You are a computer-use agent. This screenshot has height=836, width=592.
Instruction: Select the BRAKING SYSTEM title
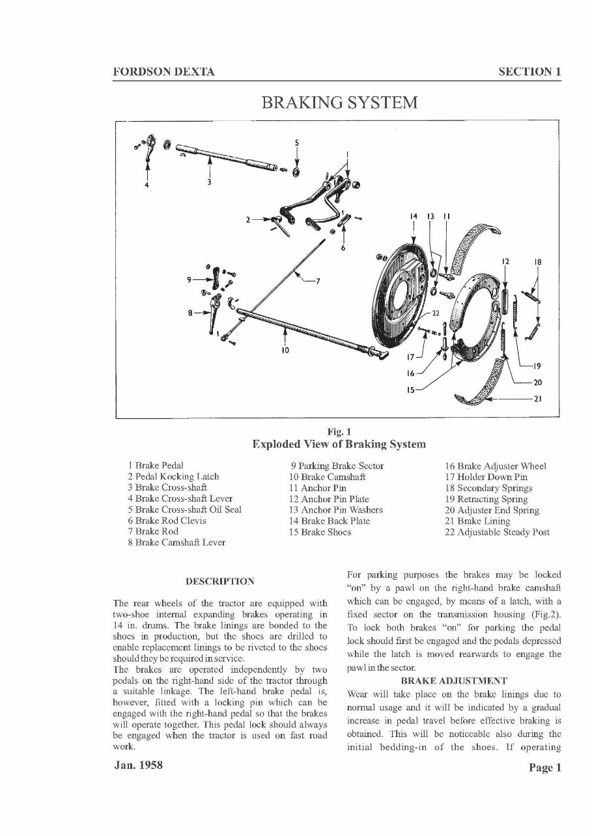[x=339, y=103]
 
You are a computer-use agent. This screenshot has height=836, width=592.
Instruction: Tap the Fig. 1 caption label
[x=339, y=431]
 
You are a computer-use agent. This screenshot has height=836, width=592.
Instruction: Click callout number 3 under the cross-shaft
[x=208, y=182]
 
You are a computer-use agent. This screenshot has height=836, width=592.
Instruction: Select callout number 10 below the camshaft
[x=285, y=350]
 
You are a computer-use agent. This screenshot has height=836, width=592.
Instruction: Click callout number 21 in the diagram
[x=537, y=399]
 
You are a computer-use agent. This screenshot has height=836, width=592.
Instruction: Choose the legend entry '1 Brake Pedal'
[x=156, y=465]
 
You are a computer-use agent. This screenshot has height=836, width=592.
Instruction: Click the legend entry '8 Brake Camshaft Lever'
[x=176, y=543]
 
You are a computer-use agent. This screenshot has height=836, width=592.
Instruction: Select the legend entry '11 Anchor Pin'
[x=318, y=487]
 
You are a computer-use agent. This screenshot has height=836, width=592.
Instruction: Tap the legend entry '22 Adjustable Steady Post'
[x=497, y=532]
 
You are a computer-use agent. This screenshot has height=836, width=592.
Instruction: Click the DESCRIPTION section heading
[x=220, y=580]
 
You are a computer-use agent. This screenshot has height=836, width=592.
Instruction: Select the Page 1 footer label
[x=544, y=768]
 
